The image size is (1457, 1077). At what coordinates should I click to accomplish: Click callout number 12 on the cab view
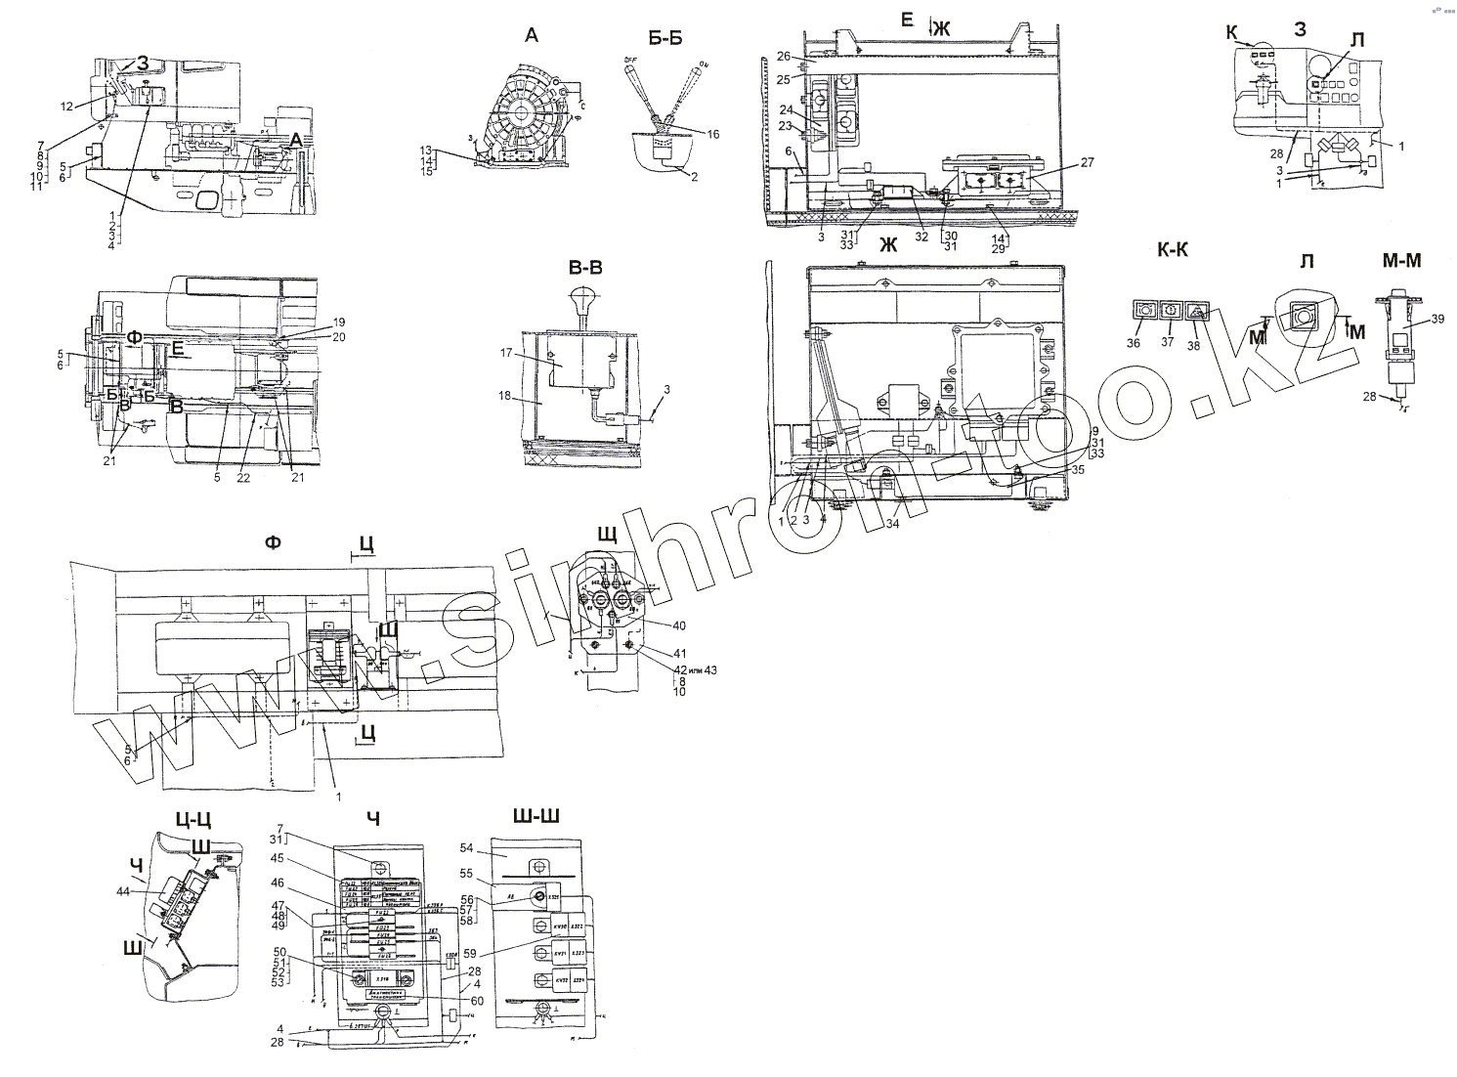[66, 106]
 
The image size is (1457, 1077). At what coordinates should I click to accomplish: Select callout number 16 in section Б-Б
[712, 135]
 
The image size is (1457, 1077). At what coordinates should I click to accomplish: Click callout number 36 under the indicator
[1133, 342]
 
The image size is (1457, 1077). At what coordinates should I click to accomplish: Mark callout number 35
[1077, 469]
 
